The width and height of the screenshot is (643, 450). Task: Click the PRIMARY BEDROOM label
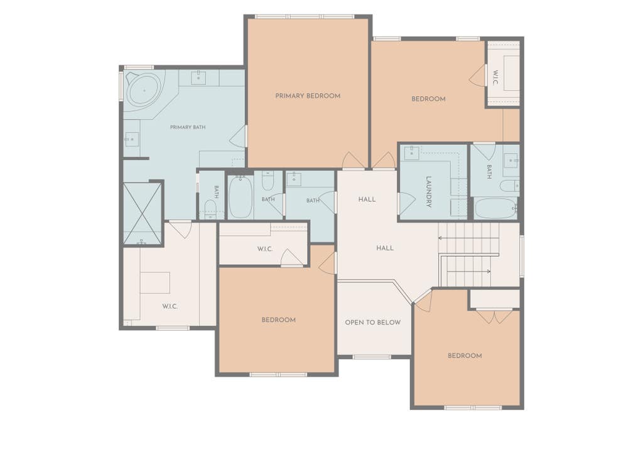(308, 96)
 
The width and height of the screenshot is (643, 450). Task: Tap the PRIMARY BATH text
(188, 127)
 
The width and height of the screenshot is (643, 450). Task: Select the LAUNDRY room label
(428, 192)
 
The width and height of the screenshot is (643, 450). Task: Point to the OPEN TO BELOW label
(372, 323)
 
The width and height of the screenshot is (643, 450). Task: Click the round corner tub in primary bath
(143, 90)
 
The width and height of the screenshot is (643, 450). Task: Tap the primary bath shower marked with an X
(143, 213)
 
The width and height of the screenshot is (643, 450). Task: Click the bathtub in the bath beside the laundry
(495, 209)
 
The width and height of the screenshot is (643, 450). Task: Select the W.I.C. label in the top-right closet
(495, 78)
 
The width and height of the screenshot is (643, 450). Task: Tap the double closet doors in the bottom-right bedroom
(494, 317)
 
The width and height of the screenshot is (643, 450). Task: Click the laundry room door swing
(407, 204)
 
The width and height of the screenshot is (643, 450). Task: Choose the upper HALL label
(367, 200)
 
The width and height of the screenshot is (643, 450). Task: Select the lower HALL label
(385, 248)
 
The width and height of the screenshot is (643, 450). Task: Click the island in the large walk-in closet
(155, 283)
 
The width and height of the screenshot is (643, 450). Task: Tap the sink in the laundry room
(411, 153)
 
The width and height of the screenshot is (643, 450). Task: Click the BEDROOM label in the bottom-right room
(465, 356)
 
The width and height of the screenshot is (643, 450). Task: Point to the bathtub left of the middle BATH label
(240, 197)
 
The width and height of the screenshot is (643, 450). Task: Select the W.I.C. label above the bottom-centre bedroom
(265, 249)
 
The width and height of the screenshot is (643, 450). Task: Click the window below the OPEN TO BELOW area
(372, 357)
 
